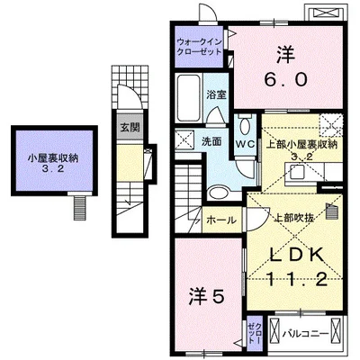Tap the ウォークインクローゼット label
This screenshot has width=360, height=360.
point(201,48)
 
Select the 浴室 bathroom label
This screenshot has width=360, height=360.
point(216,94)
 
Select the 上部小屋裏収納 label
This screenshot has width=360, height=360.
point(300,148)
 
